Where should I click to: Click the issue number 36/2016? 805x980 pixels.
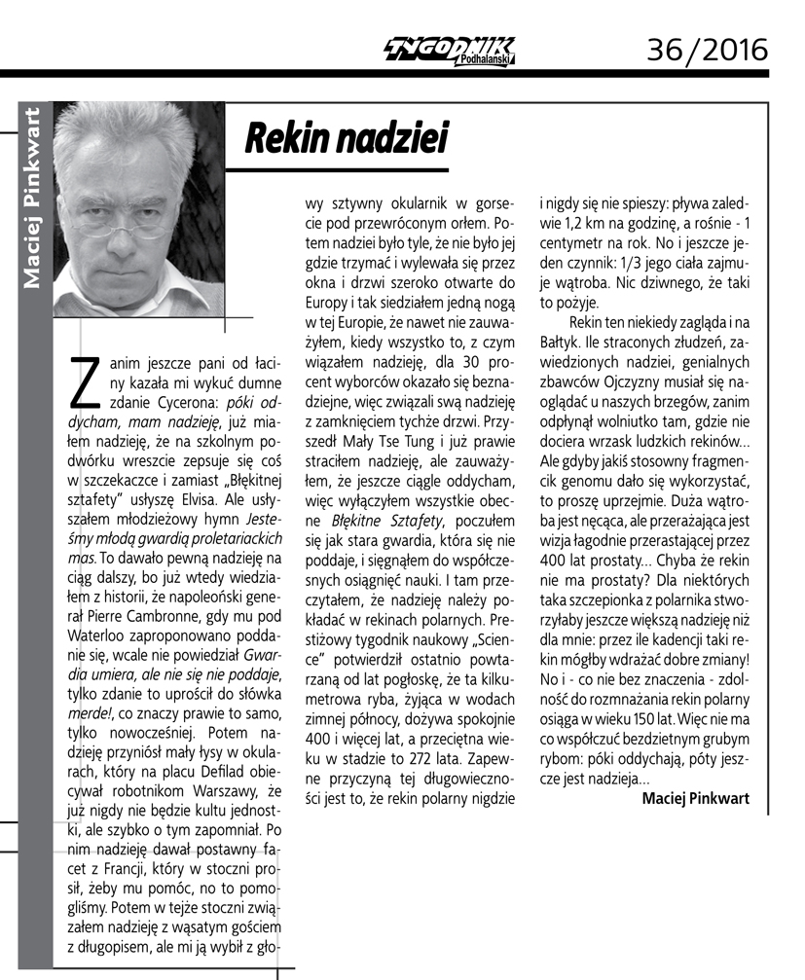(x=708, y=46)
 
